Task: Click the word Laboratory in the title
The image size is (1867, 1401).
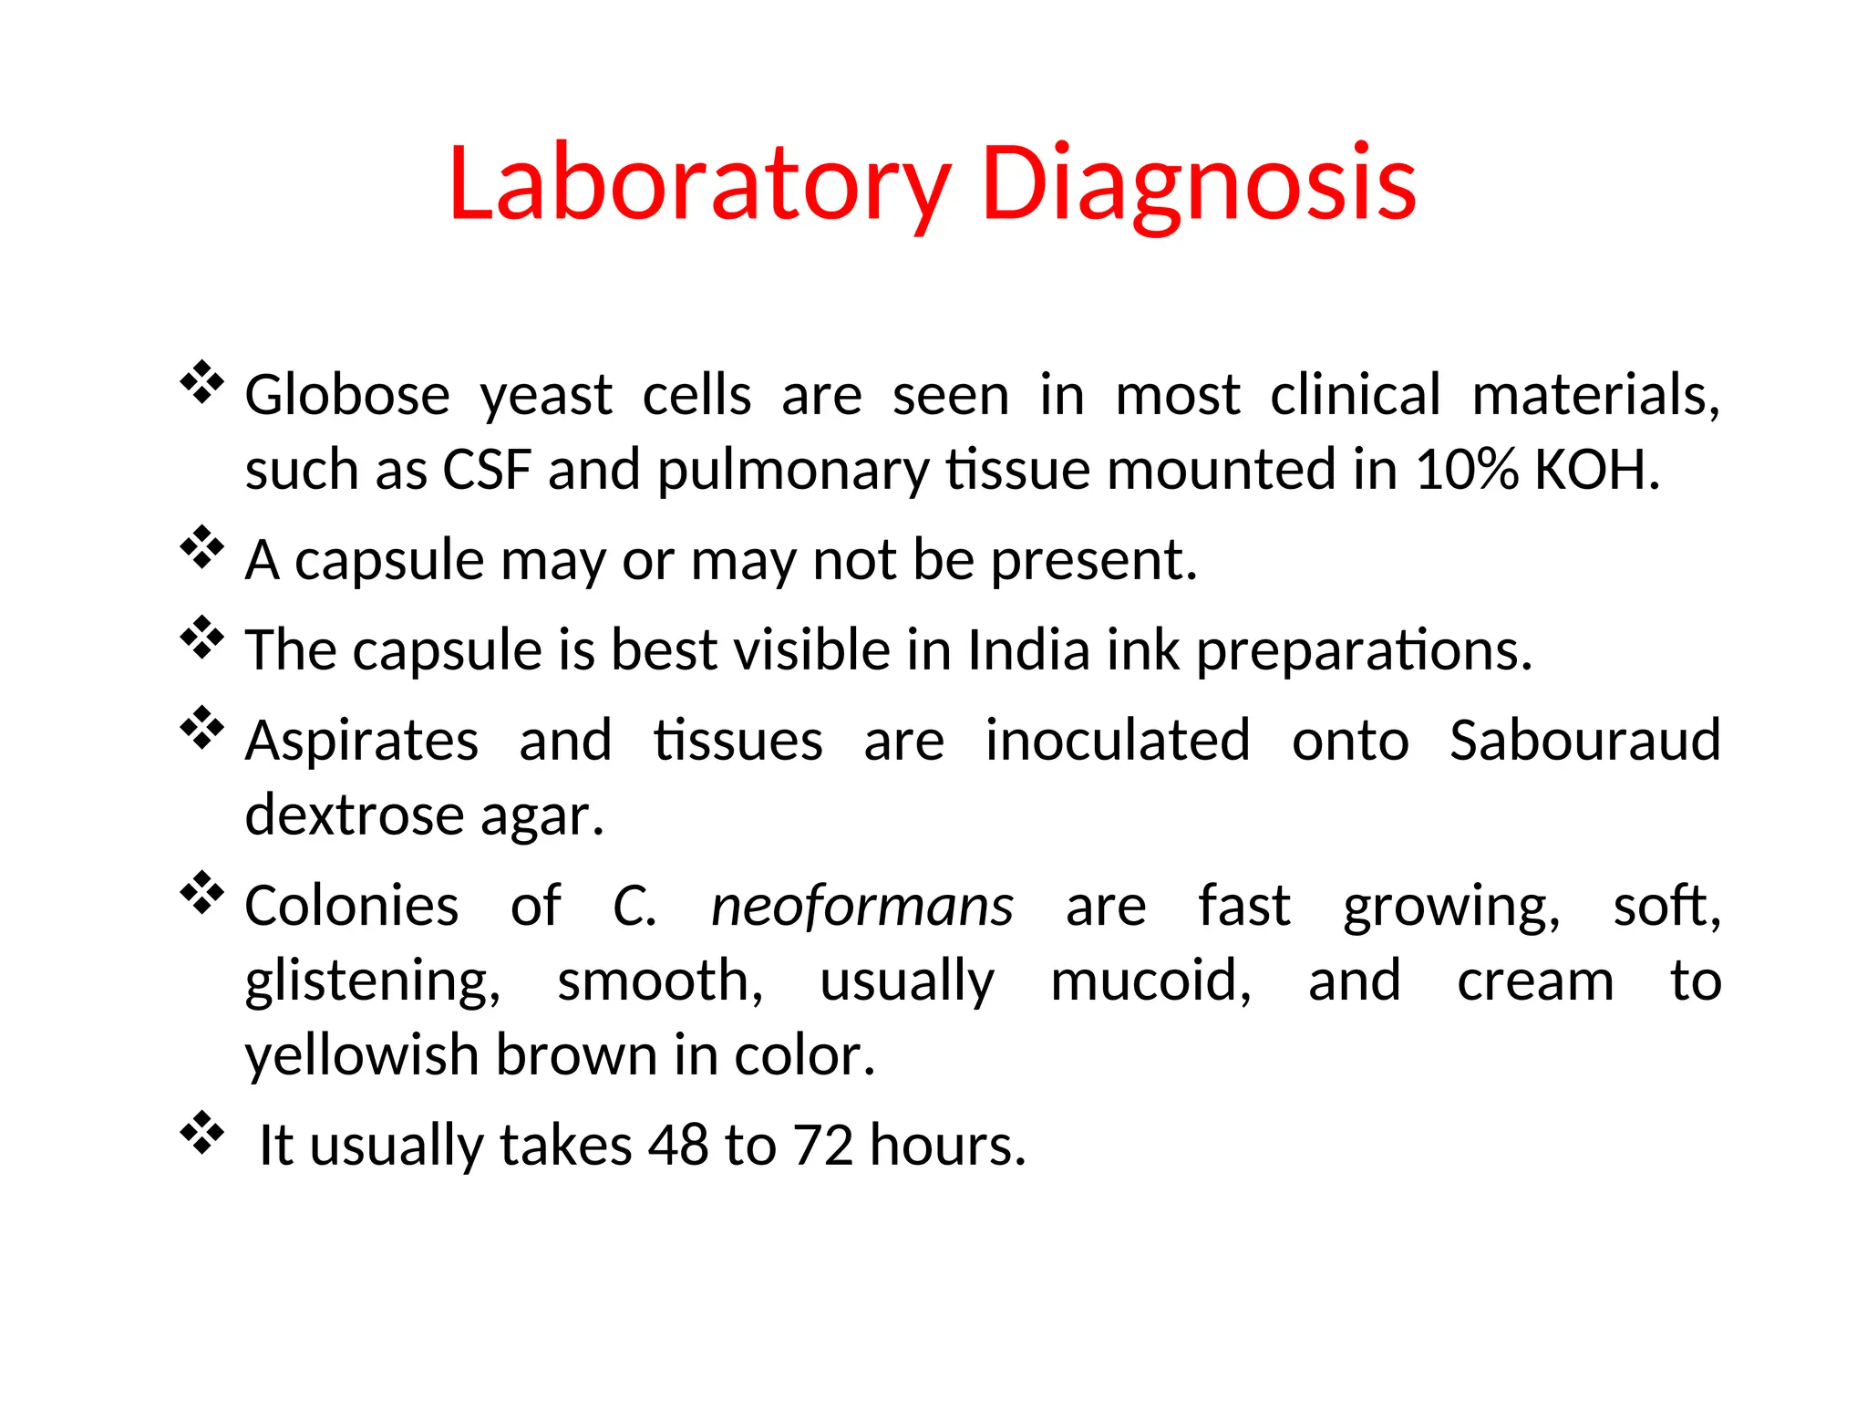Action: pyautogui.click(x=699, y=184)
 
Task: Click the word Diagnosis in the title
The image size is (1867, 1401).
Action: pyautogui.click(x=1198, y=184)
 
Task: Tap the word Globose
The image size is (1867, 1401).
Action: pyautogui.click(x=347, y=396)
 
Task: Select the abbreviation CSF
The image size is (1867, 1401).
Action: pyautogui.click(x=487, y=471)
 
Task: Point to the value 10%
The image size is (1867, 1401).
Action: pyautogui.click(x=1467, y=471)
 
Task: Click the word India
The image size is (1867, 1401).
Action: pyautogui.click(x=1028, y=650)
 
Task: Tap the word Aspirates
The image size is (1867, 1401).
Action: pyautogui.click(x=362, y=742)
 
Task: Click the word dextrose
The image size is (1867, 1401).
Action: pyautogui.click(x=354, y=815)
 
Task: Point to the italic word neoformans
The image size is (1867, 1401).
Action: pyautogui.click(x=861, y=907)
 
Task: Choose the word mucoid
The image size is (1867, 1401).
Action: pyautogui.click(x=1150, y=981)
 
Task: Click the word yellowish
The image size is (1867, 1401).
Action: pyautogui.click(x=361, y=1056)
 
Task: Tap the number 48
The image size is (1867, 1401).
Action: pyautogui.click(x=678, y=1145)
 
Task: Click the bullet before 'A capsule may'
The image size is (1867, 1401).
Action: pyautogui.click(x=201, y=547)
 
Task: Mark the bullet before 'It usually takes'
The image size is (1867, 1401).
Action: pyautogui.click(x=201, y=1133)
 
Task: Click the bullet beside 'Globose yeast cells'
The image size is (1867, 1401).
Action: pyautogui.click(x=201, y=383)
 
